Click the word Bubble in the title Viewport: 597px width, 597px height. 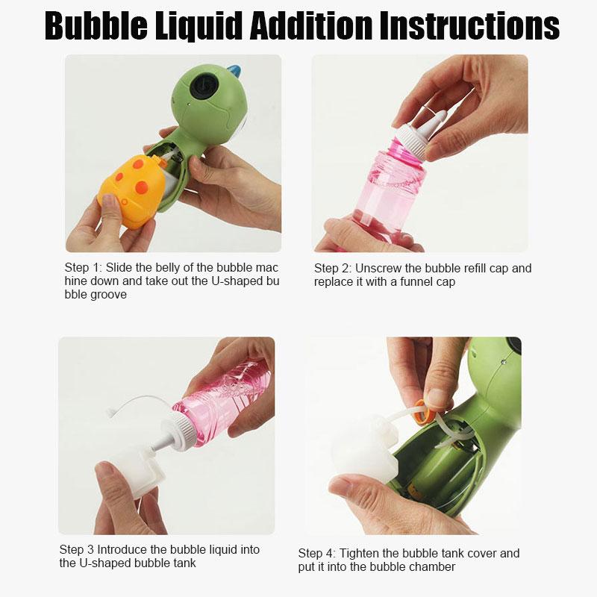pyautogui.click(x=96, y=26)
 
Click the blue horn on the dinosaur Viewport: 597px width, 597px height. pyautogui.click(x=234, y=71)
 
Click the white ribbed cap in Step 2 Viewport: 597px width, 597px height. pyautogui.click(x=413, y=141)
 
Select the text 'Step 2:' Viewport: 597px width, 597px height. pyautogui.click(x=333, y=269)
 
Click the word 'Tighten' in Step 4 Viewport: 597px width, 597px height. pyautogui.click(x=358, y=553)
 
